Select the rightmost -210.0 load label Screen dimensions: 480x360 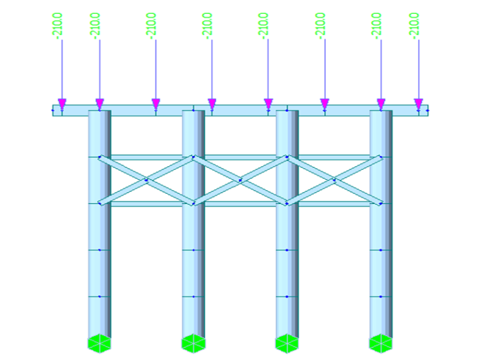(x=414, y=27)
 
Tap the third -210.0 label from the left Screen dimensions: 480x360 (x=152, y=27)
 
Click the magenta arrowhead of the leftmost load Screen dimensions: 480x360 (x=62, y=104)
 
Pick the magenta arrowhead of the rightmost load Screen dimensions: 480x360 (x=418, y=104)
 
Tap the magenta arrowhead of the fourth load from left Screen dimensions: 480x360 (x=212, y=104)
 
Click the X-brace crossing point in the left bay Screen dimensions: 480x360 (x=146, y=181)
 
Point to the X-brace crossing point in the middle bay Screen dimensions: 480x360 (x=240, y=181)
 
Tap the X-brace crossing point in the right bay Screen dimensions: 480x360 (x=334, y=181)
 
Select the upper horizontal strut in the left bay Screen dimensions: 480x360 (x=147, y=157)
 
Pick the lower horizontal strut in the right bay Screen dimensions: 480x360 (x=333, y=204)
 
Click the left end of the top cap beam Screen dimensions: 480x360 (x=55, y=111)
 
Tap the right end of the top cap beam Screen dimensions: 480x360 (x=426, y=111)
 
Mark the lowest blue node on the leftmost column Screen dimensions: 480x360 (x=99, y=297)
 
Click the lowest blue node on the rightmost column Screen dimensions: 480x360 (x=381, y=297)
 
